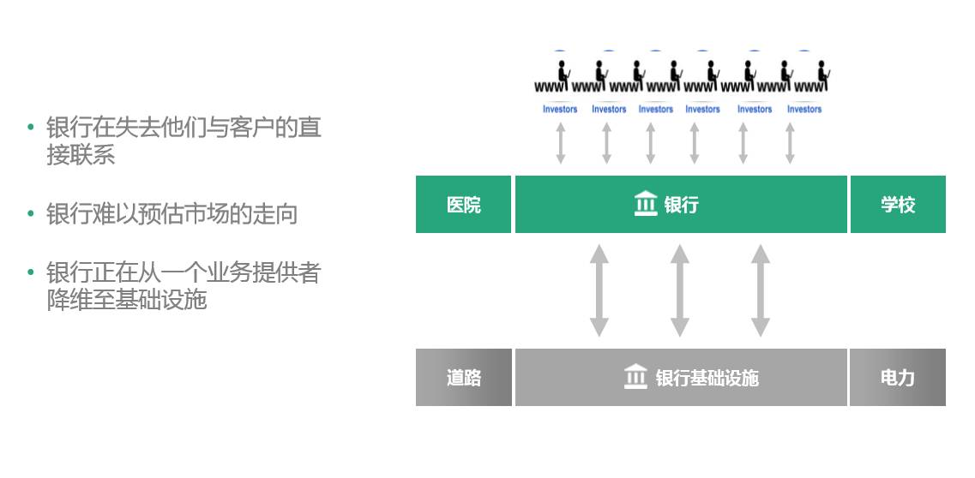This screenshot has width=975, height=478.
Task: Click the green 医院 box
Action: [463, 205]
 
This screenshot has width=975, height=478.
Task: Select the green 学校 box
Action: [898, 205]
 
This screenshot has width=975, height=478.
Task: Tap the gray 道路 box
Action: [463, 378]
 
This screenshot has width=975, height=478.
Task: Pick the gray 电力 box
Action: [898, 378]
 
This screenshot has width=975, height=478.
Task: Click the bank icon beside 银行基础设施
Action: [635, 377]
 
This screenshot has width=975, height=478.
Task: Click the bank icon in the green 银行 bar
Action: [646, 204]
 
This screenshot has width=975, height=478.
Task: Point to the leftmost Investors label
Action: [560, 109]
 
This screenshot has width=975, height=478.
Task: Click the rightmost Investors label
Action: [804, 109]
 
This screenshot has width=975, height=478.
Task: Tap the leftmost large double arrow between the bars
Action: [599, 290]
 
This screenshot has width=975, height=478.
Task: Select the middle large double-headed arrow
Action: [680, 290]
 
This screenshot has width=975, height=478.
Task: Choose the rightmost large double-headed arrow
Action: [761, 290]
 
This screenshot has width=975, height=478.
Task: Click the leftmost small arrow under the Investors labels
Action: [561, 143]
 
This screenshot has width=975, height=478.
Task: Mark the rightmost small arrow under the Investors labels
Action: [790, 143]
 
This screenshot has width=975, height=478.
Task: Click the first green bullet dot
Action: [31, 128]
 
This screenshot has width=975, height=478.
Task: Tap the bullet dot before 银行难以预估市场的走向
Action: [31, 213]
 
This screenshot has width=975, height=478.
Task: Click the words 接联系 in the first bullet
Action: [81, 155]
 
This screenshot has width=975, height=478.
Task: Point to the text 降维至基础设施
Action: [127, 301]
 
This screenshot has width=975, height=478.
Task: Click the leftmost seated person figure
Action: [563, 73]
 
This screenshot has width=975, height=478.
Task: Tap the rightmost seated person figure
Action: [822, 73]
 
